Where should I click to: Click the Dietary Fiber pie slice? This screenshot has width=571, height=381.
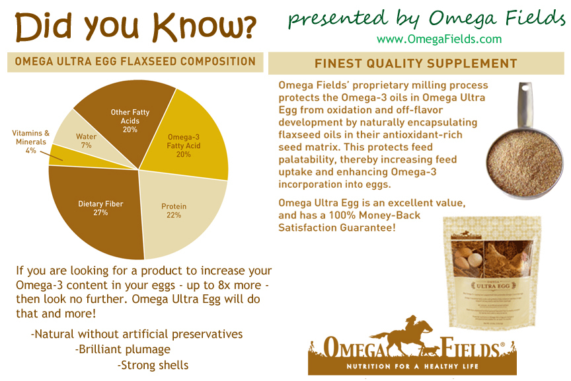point(99,208)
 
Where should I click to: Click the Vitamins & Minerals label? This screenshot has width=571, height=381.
point(30,138)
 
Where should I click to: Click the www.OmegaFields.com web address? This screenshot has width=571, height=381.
point(439,39)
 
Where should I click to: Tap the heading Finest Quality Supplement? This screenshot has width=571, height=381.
point(416,63)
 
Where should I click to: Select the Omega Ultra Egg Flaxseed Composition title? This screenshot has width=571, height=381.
point(131,62)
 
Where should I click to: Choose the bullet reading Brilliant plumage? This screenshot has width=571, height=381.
point(123,349)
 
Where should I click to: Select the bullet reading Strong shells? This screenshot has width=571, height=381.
point(153,364)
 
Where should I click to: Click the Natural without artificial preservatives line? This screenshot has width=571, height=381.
point(137,334)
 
